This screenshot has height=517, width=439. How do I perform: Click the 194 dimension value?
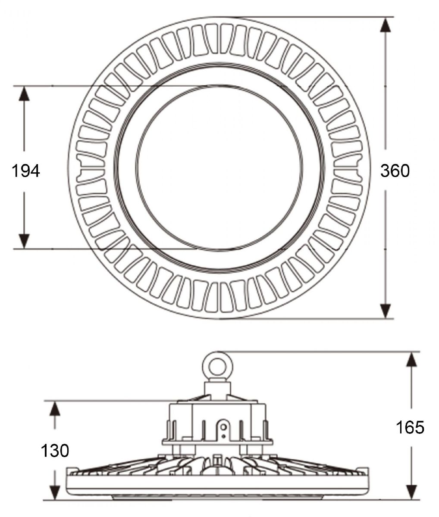coord(26,171)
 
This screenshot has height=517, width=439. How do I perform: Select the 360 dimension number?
coord(395,171)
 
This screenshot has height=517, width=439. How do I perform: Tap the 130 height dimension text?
coord(55,451)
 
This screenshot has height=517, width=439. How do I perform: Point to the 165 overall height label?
coord(410,427)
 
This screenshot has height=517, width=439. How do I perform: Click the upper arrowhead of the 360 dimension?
coord(386,25)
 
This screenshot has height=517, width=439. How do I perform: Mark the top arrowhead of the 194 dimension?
coord(24,93)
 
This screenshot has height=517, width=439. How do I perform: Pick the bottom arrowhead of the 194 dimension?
coord(24,242)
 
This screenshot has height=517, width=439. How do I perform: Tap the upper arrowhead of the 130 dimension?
coord(55,408)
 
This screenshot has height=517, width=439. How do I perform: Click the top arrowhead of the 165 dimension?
coord(411,359)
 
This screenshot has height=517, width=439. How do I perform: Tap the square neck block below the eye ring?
coord(217,391)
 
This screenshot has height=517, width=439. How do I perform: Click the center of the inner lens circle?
coord(219,168)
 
